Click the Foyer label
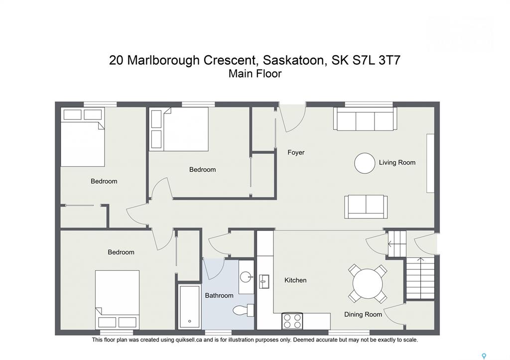pyautogui.click(x=296, y=152)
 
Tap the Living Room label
pyautogui.click(x=397, y=163)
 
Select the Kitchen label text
pyautogui.click(x=295, y=280)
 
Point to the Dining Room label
pyautogui.click(x=363, y=315)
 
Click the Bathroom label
pyautogui.click(x=219, y=296)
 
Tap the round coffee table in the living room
pyautogui.click(x=365, y=163)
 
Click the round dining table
pyautogui.click(x=368, y=284)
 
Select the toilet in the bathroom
pyautogui.click(x=243, y=310)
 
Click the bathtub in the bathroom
pyautogui.click(x=189, y=307)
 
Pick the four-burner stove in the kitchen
pyautogui.click(x=292, y=321)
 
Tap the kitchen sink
pyautogui.click(x=264, y=281)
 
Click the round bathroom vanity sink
pyautogui.click(x=246, y=277)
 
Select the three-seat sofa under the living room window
pyautogui.click(x=365, y=119)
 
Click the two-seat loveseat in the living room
pyautogui.click(x=366, y=207)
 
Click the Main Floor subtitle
pyautogui.click(x=255, y=74)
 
